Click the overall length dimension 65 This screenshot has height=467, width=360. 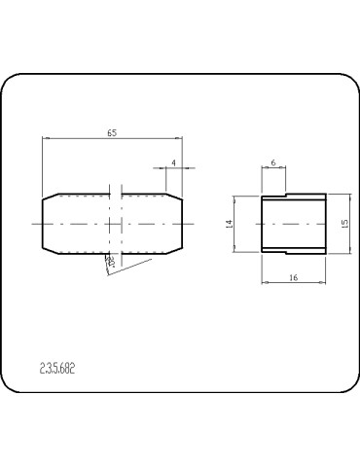pyautogui.click(x=112, y=132)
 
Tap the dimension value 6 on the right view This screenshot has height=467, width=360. pyautogui.click(x=272, y=162)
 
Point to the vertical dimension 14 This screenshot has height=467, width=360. pyautogui.click(x=230, y=224)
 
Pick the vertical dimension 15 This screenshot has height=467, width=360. pyautogui.click(x=344, y=224)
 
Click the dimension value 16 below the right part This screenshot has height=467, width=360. pyautogui.click(x=292, y=277)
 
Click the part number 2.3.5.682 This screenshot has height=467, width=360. pyautogui.click(x=57, y=369)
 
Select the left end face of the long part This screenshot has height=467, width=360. pyautogui.click(x=43, y=224)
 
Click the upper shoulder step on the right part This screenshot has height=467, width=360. pyautogui.click(x=284, y=196)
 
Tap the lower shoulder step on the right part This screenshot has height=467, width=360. pyautogui.click(x=284, y=252)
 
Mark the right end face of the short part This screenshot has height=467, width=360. pyautogui.click(x=323, y=224)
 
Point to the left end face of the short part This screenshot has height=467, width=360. pyautogui.click(x=261, y=224)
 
